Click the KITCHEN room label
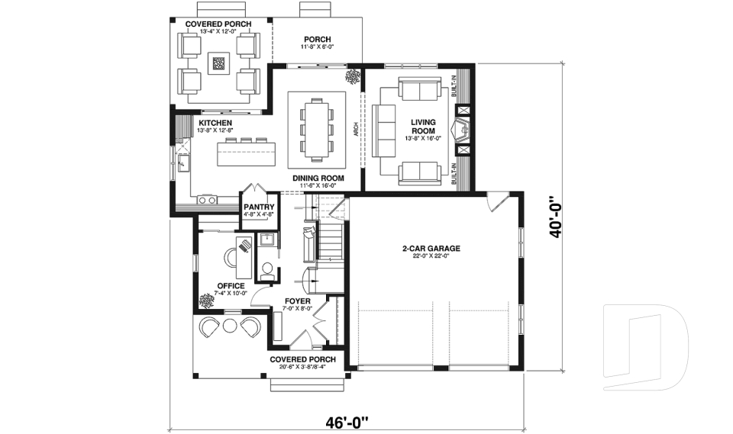[216, 122]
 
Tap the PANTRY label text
[258, 207]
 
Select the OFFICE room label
[231, 286]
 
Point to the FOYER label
[298, 301]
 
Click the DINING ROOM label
[318, 178]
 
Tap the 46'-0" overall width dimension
[346, 420]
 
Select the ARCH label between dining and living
[355, 130]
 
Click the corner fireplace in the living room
[462, 130]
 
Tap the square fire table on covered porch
[219, 63]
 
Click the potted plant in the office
[206, 301]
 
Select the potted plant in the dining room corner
[353, 76]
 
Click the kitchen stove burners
[207, 200]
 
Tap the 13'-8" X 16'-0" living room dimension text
[423, 139]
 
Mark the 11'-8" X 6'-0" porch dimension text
[316, 47]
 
